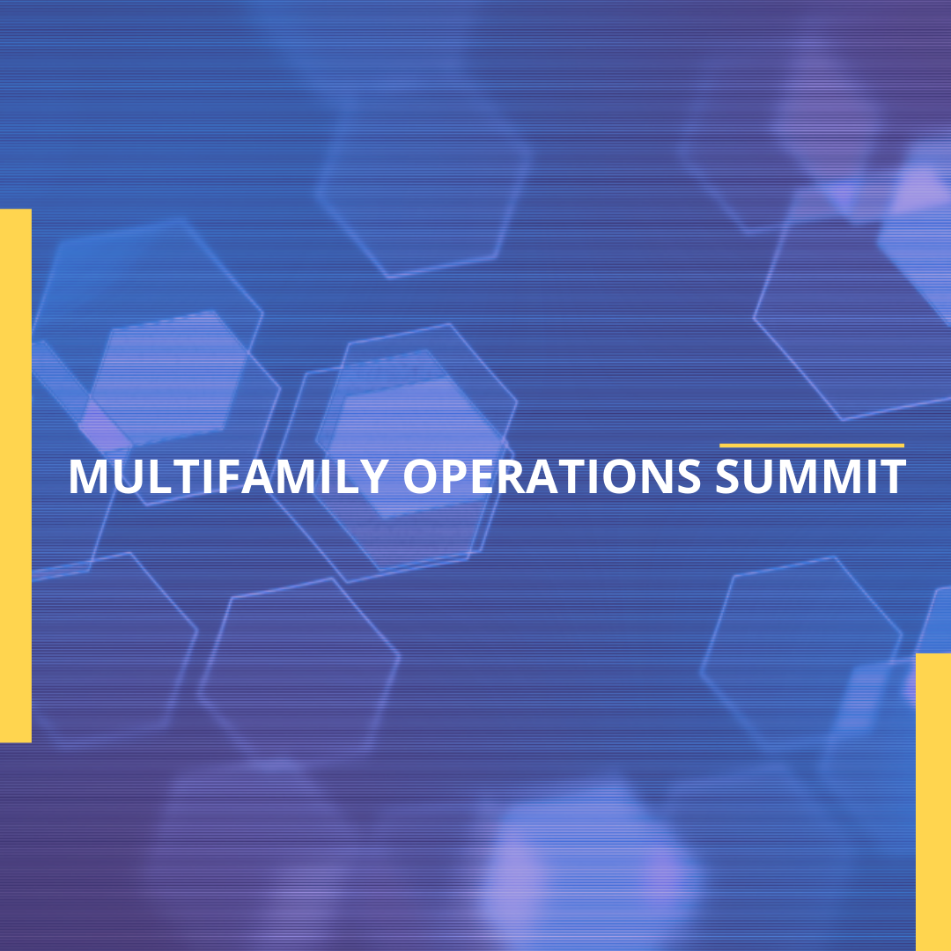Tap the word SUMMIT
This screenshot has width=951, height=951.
810,476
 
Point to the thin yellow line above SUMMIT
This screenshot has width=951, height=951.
812,446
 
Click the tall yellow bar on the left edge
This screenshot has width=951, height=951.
15,475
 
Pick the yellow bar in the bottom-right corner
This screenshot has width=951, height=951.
933,801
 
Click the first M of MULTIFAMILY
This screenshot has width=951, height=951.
86,476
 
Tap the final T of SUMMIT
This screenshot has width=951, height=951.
893,476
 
